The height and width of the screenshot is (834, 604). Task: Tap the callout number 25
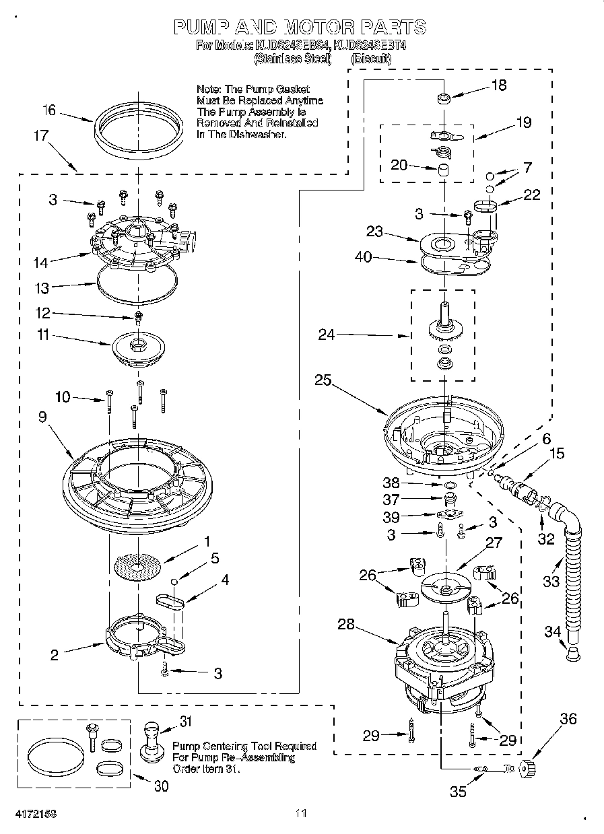pos(323,380)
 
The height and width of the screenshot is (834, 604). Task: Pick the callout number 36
pos(568,719)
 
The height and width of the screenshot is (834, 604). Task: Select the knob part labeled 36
pos(527,767)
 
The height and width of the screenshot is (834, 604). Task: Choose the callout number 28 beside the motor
pos(346,624)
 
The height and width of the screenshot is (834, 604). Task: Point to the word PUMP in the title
pos(199,27)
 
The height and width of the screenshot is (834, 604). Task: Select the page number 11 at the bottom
pos(300,814)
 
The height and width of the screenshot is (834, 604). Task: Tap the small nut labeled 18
pos(442,99)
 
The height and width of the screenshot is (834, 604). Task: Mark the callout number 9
pos(42,417)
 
